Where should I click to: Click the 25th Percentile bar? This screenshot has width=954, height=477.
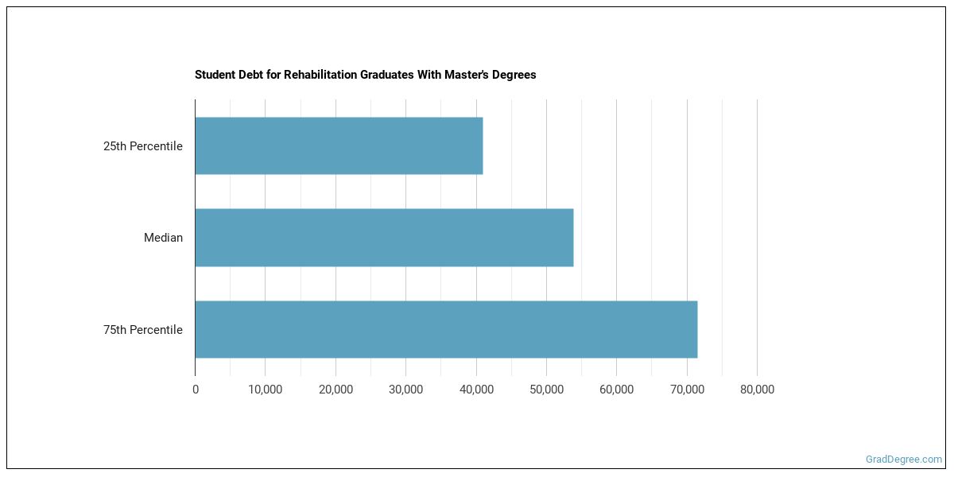(339, 146)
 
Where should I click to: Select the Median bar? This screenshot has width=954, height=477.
(384, 238)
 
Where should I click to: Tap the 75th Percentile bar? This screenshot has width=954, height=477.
(446, 329)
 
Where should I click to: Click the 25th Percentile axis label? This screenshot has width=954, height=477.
(143, 146)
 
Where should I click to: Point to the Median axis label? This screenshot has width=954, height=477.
(163, 238)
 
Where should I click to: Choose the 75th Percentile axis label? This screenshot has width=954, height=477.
(143, 330)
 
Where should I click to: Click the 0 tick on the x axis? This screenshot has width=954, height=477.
(196, 390)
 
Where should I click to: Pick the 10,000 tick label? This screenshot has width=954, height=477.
(266, 390)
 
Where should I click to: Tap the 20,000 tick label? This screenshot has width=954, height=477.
(335, 390)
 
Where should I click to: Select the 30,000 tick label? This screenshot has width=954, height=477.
(405, 390)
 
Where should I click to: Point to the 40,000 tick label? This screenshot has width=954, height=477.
(476, 390)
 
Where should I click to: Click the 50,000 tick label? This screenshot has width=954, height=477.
(546, 390)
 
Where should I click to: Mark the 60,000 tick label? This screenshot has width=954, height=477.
(616, 390)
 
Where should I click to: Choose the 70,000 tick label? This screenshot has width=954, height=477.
(687, 390)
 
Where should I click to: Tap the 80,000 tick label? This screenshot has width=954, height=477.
(757, 390)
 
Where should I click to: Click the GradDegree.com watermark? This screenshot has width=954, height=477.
(904, 460)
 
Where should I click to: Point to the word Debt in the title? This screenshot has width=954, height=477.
(246, 75)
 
